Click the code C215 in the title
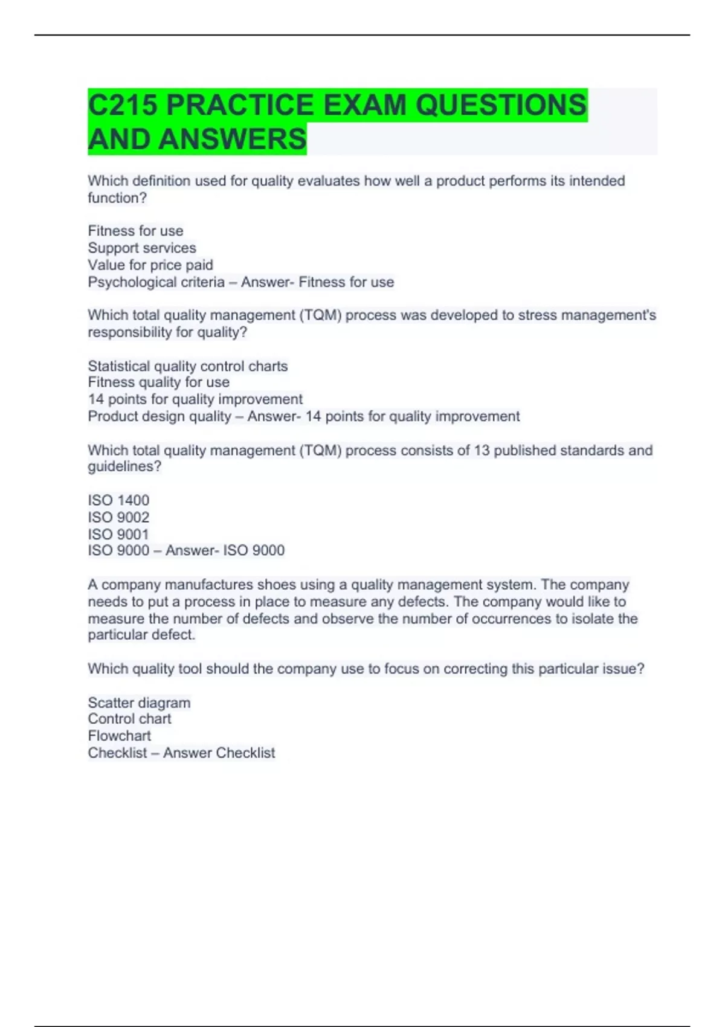pos(123,105)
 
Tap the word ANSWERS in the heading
pos(233,140)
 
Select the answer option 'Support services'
pos(142,248)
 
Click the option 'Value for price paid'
pos(150,265)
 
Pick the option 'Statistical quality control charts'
pos(188,366)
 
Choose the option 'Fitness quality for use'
pos(159,382)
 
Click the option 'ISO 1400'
pos(118,500)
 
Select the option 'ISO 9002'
pos(118,517)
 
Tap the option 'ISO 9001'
pos(118,534)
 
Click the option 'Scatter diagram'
pos(139,703)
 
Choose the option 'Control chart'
pos(129,719)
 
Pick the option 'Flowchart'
pos(119,736)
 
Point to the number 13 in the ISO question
pos(481,451)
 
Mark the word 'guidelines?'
pos(124,467)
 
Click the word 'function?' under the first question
pos(117,198)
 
